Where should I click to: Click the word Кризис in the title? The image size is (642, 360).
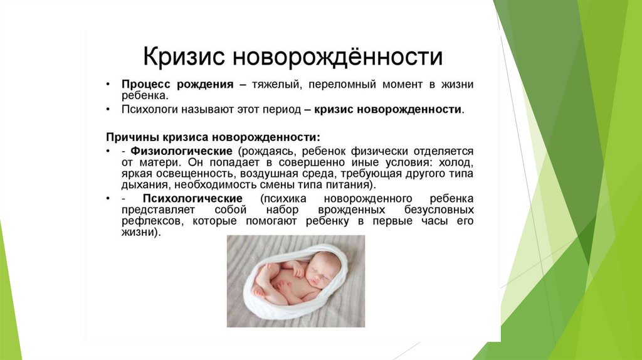[x=184, y=57]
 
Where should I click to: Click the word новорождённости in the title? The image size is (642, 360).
[x=338, y=57]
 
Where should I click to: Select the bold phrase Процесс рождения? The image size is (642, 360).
[x=177, y=85]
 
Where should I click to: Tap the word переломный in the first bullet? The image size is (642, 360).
[x=342, y=85]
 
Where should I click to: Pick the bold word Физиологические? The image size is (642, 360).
[x=181, y=151]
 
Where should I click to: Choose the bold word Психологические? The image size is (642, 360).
[x=192, y=199]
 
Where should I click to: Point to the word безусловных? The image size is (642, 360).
[x=439, y=210]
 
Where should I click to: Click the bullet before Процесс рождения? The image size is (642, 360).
[x=108, y=85]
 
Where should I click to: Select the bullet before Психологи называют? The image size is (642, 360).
[x=108, y=110]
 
